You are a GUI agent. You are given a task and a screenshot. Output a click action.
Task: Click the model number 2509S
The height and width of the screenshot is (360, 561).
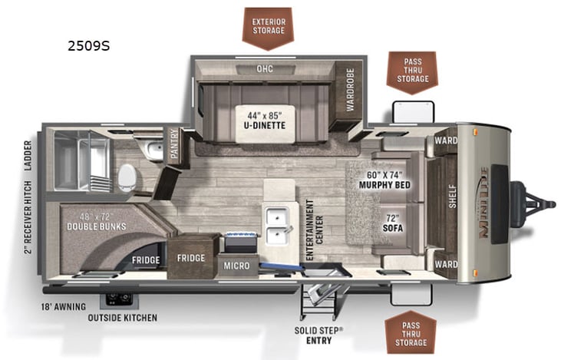89,46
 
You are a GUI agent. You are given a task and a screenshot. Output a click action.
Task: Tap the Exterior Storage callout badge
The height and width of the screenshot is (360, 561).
268,25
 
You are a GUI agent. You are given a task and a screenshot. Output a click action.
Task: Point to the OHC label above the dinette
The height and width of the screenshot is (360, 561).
264,69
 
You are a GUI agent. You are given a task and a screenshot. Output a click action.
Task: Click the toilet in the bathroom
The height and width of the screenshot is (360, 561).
127,178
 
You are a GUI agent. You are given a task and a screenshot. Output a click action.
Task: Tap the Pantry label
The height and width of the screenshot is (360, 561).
174,146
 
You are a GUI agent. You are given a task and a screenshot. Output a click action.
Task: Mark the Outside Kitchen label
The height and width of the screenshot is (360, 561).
122,318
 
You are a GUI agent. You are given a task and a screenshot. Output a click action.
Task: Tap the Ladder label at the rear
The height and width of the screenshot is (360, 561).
29,157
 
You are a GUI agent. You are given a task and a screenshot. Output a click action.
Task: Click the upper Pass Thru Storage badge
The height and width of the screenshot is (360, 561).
411,71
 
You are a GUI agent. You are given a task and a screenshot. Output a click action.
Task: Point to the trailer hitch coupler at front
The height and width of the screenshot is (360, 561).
541,203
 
